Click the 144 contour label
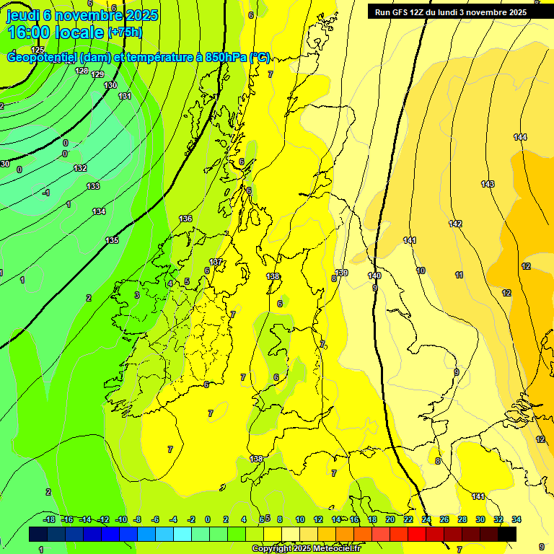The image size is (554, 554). (520, 137)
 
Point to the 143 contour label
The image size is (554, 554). (488, 184)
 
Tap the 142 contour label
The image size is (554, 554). (455, 224)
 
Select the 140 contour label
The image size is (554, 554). (374, 276)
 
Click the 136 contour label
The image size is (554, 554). (185, 218)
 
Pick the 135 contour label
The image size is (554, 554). (112, 240)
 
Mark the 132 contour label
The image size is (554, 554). (80, 168)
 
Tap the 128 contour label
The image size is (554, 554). (82, 71)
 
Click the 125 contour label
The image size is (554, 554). (38, 50)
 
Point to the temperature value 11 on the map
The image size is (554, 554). (459, 275)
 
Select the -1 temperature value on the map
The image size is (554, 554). (46, 193)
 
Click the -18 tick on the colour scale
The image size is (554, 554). (50, 519)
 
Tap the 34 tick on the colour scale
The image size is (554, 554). (516, 519)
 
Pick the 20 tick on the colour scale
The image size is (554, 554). (390, 519)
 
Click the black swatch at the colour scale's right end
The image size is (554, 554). (507, 534)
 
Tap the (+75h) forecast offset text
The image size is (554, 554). (125, 32)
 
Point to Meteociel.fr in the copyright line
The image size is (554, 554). (334, 549)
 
